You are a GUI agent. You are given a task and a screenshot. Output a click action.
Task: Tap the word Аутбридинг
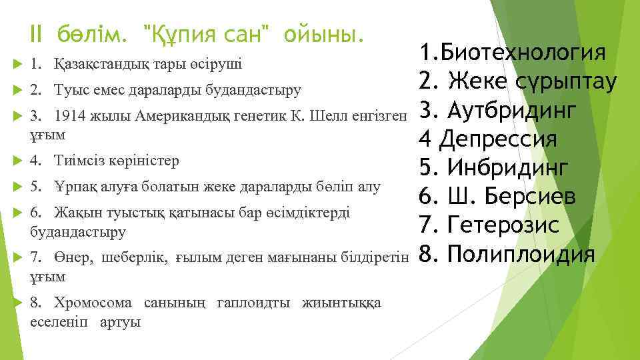511,110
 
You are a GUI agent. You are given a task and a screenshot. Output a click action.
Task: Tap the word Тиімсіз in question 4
75,161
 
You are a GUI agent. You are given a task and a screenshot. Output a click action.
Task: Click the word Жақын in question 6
75,212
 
